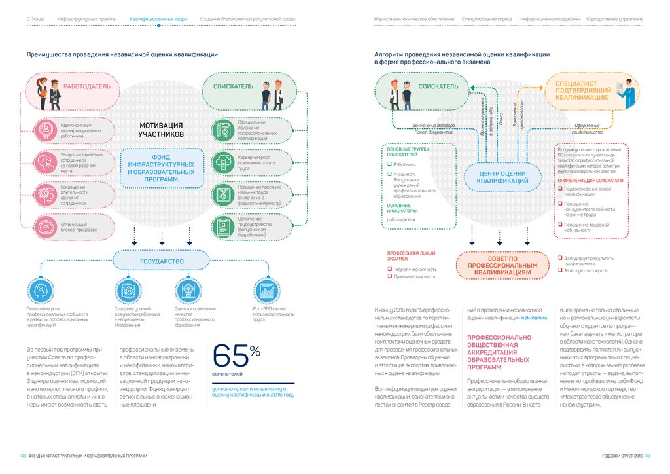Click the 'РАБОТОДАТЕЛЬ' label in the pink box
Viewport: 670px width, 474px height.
coord(82,86)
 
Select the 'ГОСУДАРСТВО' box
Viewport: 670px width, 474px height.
coord(161,261)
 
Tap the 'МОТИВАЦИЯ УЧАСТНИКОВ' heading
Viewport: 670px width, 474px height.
coord(161,130)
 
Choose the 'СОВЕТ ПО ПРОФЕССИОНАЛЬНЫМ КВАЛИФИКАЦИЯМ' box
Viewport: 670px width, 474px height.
coord(502,265)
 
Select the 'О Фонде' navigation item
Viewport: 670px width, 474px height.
coord(35,20)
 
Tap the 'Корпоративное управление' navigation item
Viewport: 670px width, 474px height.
coord(614,20)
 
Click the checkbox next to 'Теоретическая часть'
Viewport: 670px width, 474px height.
coord(388,269)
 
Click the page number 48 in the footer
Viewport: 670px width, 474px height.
coord(22,456)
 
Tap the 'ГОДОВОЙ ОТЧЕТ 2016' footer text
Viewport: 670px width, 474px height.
coord(622,456)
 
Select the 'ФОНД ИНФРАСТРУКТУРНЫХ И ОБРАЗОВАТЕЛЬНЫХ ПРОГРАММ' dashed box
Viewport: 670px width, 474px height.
coord(161,168)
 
